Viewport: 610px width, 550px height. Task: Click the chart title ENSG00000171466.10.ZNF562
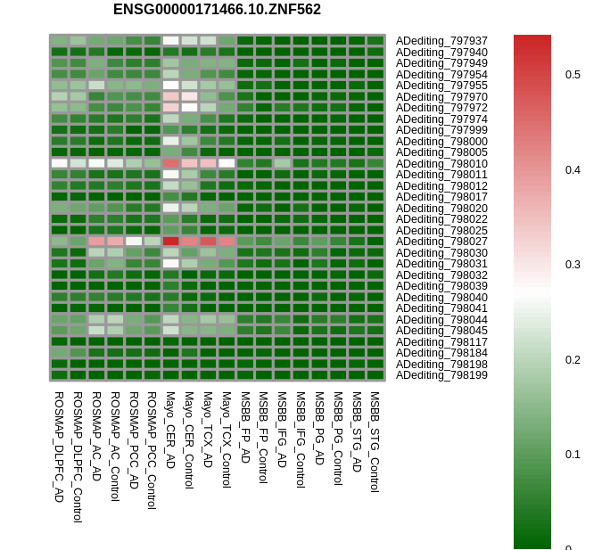[x=217, y=10]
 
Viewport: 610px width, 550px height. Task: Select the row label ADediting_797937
[x=441, y=41]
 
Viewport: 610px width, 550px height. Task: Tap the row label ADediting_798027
[x=441, y=242]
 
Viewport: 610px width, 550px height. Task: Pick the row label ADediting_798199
[x=441, y=375]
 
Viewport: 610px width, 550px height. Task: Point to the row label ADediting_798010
[x=441, y=164]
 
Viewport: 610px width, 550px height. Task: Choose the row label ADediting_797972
[x=441, y=108]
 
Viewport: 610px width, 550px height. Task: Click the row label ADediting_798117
[x=441, y=342]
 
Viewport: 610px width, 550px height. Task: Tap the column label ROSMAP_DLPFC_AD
[x=59, y=446]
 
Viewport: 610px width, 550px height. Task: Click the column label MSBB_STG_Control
[x=375, y=441]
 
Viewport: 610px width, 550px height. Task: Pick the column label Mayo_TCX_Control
[x=227, y=439]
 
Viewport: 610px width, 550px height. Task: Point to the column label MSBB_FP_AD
[x=245, y=426]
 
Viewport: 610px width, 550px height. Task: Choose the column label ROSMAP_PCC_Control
[x=152, y=449]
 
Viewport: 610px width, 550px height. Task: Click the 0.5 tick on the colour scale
[x=573, y=75]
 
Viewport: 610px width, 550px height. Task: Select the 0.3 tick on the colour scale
[x=573, y=265]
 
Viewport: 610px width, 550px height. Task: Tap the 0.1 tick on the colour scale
[x=573, y=455]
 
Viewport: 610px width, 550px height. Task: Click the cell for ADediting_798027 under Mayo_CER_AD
[x=170, y=242]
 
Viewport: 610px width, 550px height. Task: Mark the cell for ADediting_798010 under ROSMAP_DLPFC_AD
[x=59, y=163]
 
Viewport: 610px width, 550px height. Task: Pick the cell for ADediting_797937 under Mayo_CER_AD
[x=170, y=41]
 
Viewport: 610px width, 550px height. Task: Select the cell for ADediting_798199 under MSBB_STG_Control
[x=375, y=375]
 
